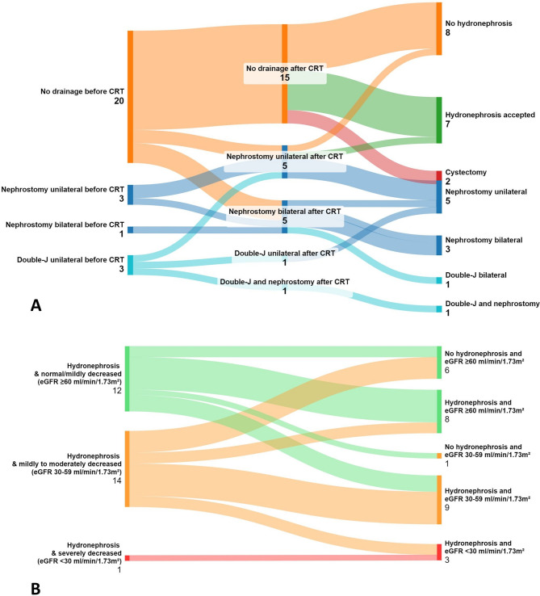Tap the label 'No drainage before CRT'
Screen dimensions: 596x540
(81, 90)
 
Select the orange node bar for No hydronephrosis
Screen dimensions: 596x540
(439, 29)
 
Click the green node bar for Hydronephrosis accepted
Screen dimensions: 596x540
(439, 120)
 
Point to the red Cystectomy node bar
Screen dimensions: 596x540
(439, 175)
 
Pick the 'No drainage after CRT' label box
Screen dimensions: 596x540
(286, 73)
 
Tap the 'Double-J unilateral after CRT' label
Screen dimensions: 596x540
(286, 255)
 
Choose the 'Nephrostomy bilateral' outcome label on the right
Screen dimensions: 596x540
(484, 240)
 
